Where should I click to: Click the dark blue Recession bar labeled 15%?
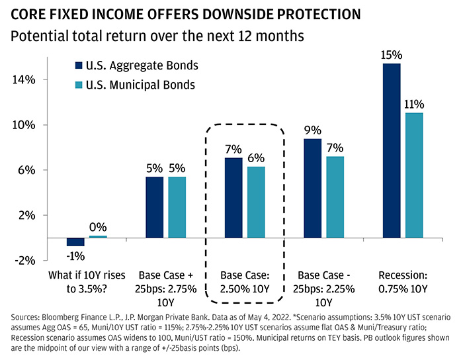(392, 151)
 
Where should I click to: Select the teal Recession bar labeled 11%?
(414, 175)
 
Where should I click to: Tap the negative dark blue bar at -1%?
(75, 242)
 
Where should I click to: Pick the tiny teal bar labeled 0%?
(98, 236)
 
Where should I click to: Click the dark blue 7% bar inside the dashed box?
(233, 198)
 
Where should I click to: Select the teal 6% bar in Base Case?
(256, 202)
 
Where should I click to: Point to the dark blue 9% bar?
(313, 189)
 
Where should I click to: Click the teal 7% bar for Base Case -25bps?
(335, 197)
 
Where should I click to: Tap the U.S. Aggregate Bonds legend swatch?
(79, 66)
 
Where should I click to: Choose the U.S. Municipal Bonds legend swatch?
(79, 85)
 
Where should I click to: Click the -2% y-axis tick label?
(25, 261)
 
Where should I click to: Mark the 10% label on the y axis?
(24, 125)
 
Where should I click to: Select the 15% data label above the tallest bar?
(392, 55)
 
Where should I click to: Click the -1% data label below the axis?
(75, 256)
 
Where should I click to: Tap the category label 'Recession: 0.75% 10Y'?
(403, 282)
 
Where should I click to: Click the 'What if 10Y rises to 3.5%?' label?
(87, 282)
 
